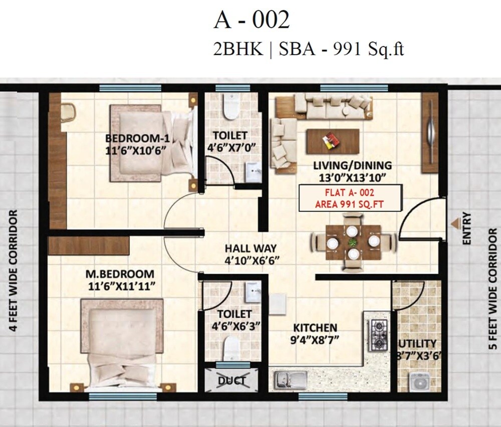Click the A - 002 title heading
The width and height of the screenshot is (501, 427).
click(x=252, y=21)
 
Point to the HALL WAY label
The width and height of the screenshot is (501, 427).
click(x=250, y=249)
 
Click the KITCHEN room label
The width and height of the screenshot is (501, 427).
click(x=315, y=328)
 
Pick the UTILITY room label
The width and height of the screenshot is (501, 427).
click(x=417, y=344)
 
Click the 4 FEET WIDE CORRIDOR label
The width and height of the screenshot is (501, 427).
click(x=13, y=271)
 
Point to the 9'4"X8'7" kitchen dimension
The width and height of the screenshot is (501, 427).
click(x=315, y=339)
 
